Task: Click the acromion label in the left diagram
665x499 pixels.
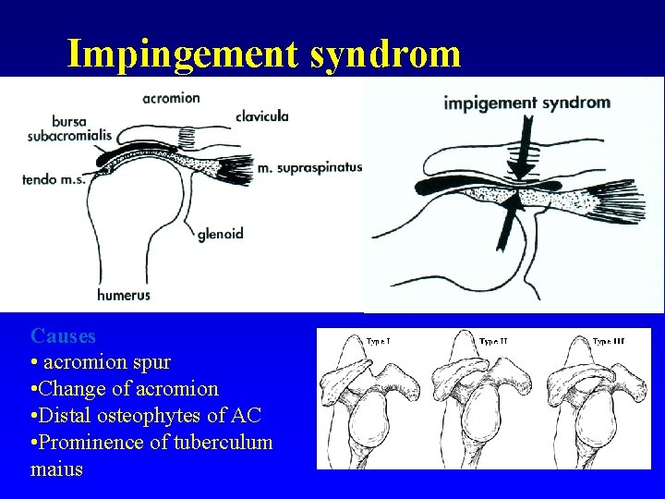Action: tap(172, 98)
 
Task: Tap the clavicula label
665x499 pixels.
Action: tap(262, 116)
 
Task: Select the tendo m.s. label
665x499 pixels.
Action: tap(54, 179)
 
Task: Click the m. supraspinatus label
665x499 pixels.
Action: tap(310, 167)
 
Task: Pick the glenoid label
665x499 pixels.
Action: tap(221, 234)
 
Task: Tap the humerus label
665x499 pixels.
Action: tap(124, 296)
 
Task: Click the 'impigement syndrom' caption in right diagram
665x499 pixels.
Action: tap(527, 103)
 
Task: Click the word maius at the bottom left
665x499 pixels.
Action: tap(56, 469)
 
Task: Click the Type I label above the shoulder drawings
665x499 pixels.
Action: tap(379, 342)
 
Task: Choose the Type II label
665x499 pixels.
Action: tap(493, 342)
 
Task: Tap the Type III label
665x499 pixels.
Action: tap(608, 342)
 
